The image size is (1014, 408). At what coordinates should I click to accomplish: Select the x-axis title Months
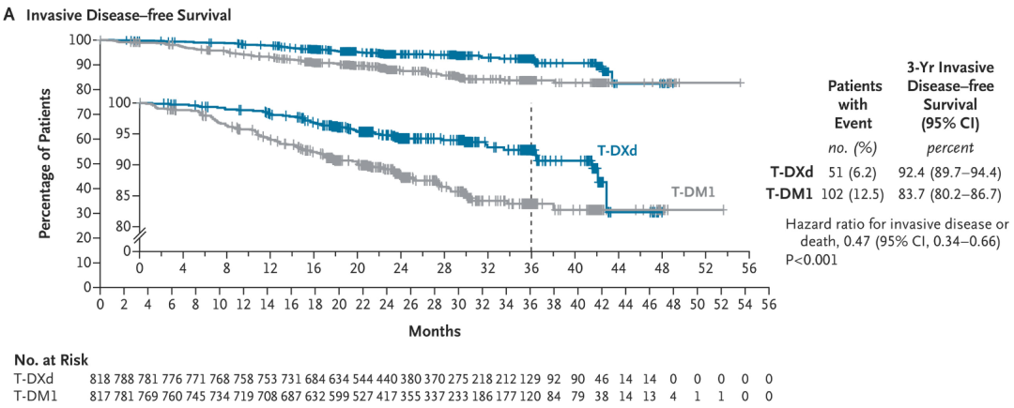click(x=434, y=331)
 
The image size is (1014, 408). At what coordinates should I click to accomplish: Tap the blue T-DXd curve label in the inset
click(x=620, y=150)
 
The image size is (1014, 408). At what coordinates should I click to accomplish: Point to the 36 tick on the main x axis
click(x=530, y=305)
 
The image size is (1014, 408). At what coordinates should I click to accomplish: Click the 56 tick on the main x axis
click(x=768, y=305)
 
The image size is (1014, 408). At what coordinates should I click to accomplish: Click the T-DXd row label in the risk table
click(x=34, y=377)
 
